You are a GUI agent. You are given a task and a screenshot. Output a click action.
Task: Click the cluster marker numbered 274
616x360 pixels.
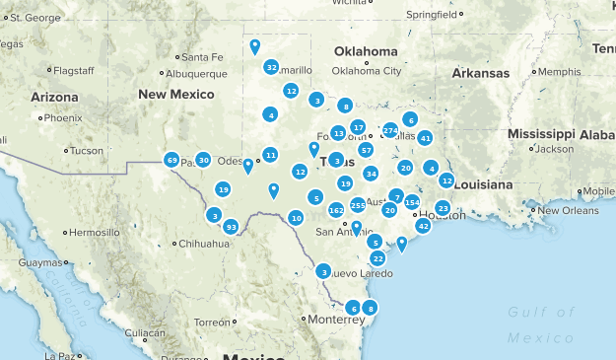click(390, 130)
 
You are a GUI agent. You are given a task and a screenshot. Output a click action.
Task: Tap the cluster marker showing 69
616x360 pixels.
click(171, 160)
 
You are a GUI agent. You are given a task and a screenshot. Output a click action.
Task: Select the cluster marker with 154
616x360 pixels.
click(412, 202)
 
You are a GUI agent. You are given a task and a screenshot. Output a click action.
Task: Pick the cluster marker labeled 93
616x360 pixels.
click(231, 227)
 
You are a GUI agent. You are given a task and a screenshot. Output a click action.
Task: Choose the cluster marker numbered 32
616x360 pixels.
click(271, 67)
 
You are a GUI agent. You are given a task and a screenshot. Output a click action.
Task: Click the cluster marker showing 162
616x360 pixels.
click(336, 209)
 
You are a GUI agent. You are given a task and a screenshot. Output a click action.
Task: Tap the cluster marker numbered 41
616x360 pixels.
click(425, 138)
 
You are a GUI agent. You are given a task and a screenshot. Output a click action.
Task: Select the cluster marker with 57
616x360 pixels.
click(366, 150)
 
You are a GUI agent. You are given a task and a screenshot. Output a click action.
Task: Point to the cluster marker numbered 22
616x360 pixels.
click(377, 258)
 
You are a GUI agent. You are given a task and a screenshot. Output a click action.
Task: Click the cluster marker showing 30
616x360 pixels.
click(203, 160)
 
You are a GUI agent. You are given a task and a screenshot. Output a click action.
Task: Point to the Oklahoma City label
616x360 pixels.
click(367, 71)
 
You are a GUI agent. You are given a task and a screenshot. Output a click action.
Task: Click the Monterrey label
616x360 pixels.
click(308, 320)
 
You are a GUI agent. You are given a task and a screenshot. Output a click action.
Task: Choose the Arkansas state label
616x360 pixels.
click(481, 73)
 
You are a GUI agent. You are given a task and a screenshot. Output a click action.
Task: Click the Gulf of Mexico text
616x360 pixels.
click(541, 324)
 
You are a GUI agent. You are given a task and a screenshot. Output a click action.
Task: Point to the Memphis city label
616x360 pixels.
click(559, 72)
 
